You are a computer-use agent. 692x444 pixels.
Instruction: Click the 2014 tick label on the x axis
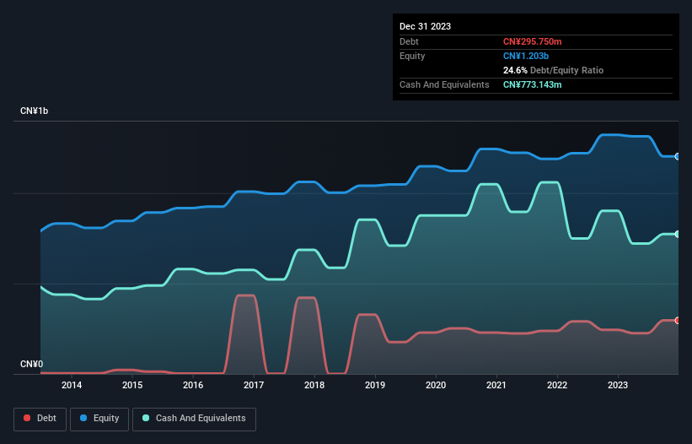click(72, 385)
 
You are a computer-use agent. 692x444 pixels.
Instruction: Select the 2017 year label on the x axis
click(254, 385)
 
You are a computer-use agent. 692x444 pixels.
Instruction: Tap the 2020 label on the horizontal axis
click(436, 385)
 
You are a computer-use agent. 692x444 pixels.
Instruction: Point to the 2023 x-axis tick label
click(618, 385)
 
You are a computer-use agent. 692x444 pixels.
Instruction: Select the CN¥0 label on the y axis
click(31, 365)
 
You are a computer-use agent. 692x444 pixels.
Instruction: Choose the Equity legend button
click(100, 419)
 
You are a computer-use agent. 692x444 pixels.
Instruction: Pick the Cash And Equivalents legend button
click(194, 419)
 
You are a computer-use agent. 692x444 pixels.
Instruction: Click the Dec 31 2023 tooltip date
click(425, 26)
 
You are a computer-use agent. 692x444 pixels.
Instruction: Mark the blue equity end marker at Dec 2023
click(677, 156)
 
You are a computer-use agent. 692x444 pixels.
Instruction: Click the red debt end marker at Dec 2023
click(677, 320)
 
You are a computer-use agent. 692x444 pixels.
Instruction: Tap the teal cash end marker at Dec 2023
click(677, 234)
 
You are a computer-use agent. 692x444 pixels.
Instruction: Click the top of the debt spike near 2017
click(244, 295)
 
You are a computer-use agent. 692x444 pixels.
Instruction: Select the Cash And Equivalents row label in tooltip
click(444, 84)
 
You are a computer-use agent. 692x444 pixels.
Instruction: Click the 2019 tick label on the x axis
click(375, 385)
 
